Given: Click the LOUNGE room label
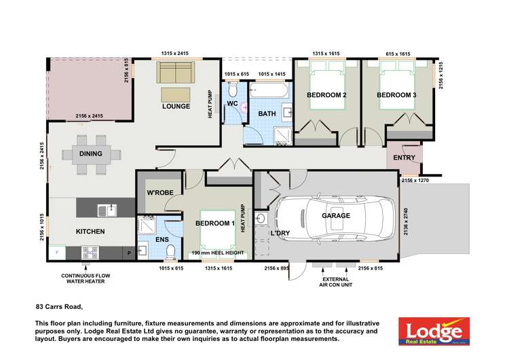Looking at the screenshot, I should pos(175,107).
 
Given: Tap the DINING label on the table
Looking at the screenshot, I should pos(90,154).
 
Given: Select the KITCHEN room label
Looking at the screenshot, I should pos(90,232).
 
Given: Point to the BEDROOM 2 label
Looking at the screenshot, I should pos(326,95).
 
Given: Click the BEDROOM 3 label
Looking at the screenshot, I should pos(396,95).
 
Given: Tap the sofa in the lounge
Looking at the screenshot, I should pos(176,71).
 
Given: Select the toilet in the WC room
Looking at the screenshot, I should pos(232,91).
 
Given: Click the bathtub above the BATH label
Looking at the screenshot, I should pos(271,90).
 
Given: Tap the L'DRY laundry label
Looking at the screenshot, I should pos(280,233).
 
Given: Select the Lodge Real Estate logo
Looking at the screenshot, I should pos(434,331).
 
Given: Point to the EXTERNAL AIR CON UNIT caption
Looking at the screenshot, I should pos(337,282).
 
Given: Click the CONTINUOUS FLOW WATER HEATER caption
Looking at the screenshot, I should pos(85,279).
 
